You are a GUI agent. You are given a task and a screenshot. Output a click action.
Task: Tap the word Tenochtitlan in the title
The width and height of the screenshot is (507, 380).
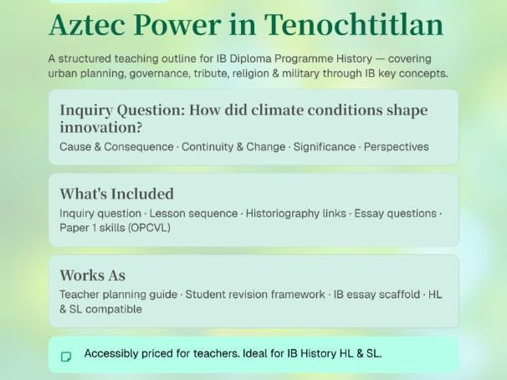coord(355,25)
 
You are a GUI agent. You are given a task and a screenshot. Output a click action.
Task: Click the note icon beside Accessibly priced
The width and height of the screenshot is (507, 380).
coord(66,356)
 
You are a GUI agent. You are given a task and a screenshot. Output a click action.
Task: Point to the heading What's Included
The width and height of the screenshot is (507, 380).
coord(116,194)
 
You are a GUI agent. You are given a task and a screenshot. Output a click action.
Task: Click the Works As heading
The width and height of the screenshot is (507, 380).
coord(92,275)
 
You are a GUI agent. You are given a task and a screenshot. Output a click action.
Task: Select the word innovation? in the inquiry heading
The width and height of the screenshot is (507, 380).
coord(100,128)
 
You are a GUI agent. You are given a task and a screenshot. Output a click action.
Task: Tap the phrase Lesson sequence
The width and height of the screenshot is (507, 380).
coord(193,214)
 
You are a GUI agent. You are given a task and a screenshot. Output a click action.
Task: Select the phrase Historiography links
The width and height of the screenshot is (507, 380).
coord(296,214)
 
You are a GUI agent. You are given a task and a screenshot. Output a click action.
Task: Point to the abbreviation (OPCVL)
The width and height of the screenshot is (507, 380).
coord(150,227)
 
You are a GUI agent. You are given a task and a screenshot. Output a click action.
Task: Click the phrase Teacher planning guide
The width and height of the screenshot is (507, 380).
coord(118,295)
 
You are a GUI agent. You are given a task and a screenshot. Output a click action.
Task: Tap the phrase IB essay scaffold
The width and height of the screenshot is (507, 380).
coord(376,295)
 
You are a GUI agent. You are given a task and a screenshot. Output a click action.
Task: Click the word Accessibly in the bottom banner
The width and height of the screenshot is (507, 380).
coord(112,354)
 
